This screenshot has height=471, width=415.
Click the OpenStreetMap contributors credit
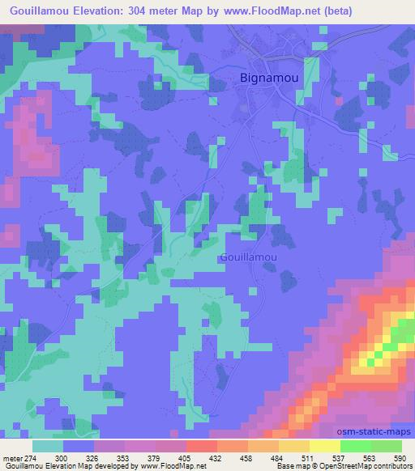(367, 466)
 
